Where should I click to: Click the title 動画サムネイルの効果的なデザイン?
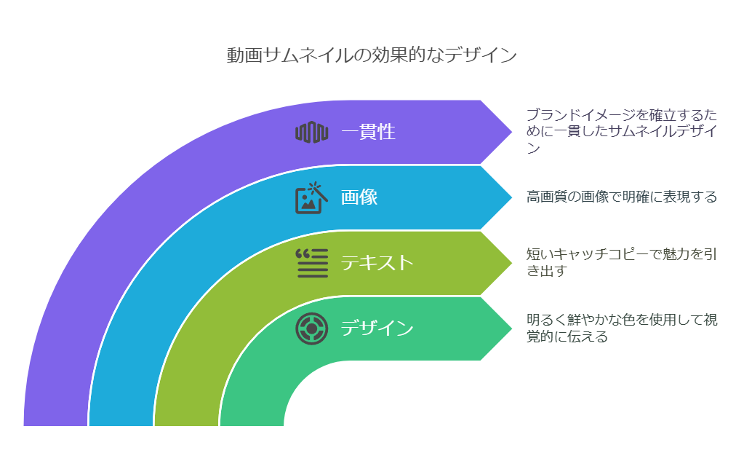[372, 55]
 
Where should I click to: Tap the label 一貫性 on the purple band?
[368, 132]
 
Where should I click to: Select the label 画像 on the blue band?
[359, 197]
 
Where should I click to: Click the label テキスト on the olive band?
[377, 262]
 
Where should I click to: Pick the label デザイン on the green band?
[377, 328]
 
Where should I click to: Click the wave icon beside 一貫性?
[312, 132]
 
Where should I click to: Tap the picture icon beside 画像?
[311, 197]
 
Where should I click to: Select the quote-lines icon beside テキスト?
[311, 263]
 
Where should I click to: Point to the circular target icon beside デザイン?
[311, 329]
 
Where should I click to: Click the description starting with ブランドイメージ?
[622, 131]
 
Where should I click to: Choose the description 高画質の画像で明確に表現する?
[622, 197]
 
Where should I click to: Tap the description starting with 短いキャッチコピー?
[622, 262]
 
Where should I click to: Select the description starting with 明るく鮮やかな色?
[622, 328]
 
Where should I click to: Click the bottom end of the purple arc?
[55, 418]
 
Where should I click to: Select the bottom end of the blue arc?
[121, 418]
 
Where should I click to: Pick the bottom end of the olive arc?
[186, 418]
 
